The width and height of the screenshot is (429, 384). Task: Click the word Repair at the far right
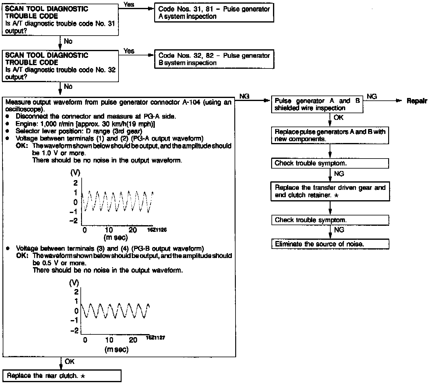click(417, 101)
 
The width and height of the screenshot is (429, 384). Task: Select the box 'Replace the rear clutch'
click(62, 375)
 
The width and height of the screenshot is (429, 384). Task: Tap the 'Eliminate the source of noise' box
click(330, 244)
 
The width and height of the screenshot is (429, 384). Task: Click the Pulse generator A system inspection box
click(214, 13)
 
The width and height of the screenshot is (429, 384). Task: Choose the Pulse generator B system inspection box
click(214, 59)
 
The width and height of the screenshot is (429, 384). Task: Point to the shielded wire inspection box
click(317, 104)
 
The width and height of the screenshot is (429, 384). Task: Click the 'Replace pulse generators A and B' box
click(330, 135)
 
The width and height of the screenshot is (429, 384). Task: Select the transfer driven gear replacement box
click(330, 191)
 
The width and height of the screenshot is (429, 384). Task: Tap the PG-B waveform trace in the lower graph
click(116, 311)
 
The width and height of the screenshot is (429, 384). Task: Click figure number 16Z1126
click(157, 230)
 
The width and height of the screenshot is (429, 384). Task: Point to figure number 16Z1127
click(155, 338)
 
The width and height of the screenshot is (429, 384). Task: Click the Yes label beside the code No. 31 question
click(129, 5)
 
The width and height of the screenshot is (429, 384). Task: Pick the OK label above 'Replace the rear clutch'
click(69, 361)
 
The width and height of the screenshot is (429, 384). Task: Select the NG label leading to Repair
click(372, 96)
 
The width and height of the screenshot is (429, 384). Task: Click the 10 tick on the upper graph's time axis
click(109, 230)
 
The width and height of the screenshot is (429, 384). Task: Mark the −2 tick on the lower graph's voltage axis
click(75, 330)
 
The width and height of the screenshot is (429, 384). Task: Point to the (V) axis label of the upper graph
click(75, 173)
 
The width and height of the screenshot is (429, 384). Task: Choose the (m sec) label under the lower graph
click(116, 349)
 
